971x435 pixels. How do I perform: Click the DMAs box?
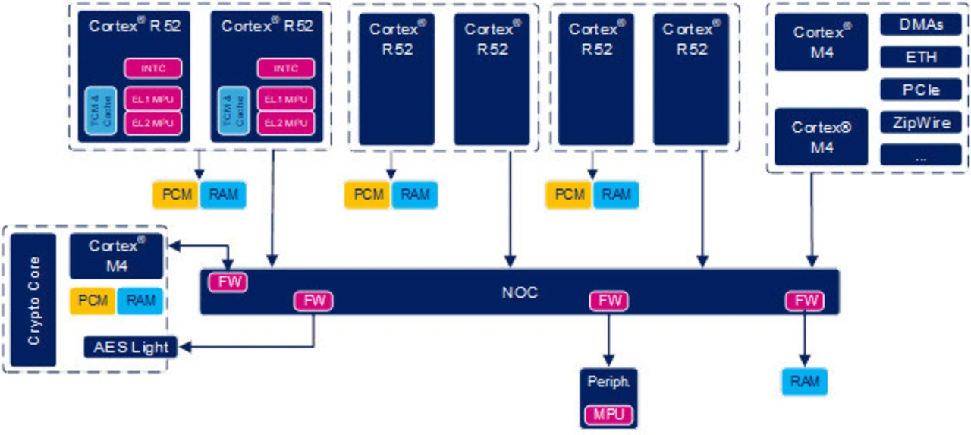[x=921, y=24]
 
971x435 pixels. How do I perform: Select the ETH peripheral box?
[x=921, y=57]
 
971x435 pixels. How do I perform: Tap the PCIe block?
[x=921, y=90]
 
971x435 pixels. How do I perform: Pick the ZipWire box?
[x=921, y=122]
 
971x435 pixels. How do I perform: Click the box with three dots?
[x=921, y=155]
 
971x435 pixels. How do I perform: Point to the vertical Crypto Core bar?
[x=34, y=300]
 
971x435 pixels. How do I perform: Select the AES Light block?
[x=130, y=348]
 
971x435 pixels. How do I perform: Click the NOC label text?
[x=520, y=292]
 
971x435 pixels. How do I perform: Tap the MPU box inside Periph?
[x=609, y=415]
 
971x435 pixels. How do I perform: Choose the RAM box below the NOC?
[x=805, y=381]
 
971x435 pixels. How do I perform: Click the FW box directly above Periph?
[x=609, y=301]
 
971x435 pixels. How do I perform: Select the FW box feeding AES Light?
[x=314, y=301]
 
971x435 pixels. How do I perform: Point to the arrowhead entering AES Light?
[x=182, y=348]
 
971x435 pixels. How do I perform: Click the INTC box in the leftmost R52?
[x=153, y=68]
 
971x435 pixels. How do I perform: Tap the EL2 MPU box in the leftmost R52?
[x=153, y=122]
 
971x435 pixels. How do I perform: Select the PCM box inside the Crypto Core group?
[x=93, y=301]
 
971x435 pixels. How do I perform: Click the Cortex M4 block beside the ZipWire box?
[x=822, y=137]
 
